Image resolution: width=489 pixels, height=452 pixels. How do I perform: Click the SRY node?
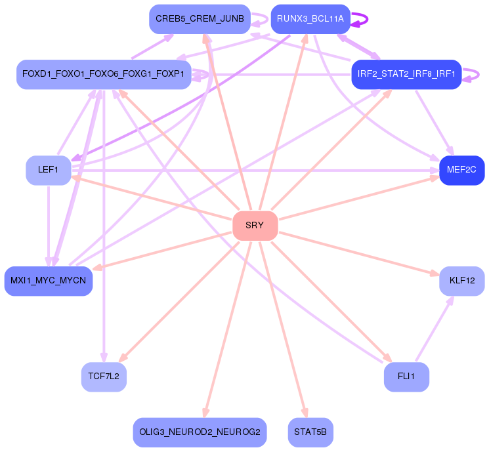coord(255,226)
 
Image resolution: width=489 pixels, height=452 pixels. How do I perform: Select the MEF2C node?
coord(462,170)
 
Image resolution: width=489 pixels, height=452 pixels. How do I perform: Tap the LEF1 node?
coord(49,170)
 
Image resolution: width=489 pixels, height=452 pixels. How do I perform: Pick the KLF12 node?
coord(462,281)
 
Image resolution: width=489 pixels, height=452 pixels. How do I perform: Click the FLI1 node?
coord(406,377)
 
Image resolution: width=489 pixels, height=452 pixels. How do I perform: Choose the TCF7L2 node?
coord(104,377)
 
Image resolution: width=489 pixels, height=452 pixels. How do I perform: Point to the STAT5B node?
coord(310,432)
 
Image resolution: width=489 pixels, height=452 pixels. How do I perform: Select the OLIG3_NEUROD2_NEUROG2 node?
coord(200,432)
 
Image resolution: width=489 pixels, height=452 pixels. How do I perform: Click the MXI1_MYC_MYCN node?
coord(49,281)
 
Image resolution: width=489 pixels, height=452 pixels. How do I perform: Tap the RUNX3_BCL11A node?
coord(310,19)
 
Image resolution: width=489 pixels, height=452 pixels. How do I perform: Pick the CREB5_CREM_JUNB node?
coord(200,19)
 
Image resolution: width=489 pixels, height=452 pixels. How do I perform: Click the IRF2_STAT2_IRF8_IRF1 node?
coord(406,75)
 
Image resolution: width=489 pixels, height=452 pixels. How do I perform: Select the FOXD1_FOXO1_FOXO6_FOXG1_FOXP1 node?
coord(104,75)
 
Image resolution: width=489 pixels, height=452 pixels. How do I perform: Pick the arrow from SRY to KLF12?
coord(359,254)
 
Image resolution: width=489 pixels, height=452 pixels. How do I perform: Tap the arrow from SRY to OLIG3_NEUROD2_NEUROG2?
coord(227,329)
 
